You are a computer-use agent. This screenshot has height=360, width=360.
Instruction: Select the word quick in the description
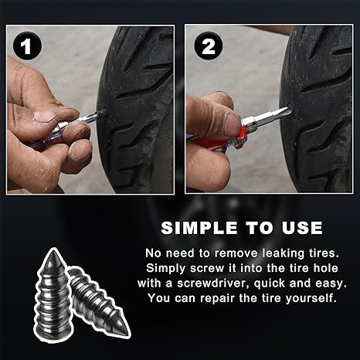pyautogui.click(x=275, y=282)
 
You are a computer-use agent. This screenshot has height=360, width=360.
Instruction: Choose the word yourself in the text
pyautogui.click(x=311, y=297)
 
